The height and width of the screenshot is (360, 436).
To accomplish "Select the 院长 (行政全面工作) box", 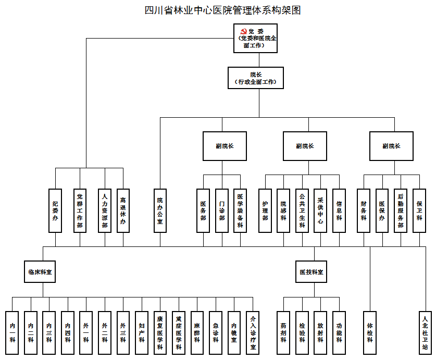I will coord(255,78).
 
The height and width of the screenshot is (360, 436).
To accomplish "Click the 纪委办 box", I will coord(55,210).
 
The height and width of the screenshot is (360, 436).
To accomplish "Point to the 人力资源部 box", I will coord(105,210).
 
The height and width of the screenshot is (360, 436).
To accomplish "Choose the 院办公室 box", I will coord(160,210).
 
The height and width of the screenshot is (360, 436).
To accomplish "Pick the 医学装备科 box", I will coord(240,210).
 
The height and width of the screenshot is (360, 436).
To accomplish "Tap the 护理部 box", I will coord(265,210).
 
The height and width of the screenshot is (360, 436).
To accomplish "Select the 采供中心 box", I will coord(320,210).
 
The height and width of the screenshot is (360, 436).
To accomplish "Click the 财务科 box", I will coord(364,210).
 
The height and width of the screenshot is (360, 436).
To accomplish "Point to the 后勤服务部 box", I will coord(400,210).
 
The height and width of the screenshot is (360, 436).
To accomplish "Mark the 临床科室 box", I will coord(40,272).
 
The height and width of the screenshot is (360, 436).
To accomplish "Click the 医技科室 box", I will coord(311,272).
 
